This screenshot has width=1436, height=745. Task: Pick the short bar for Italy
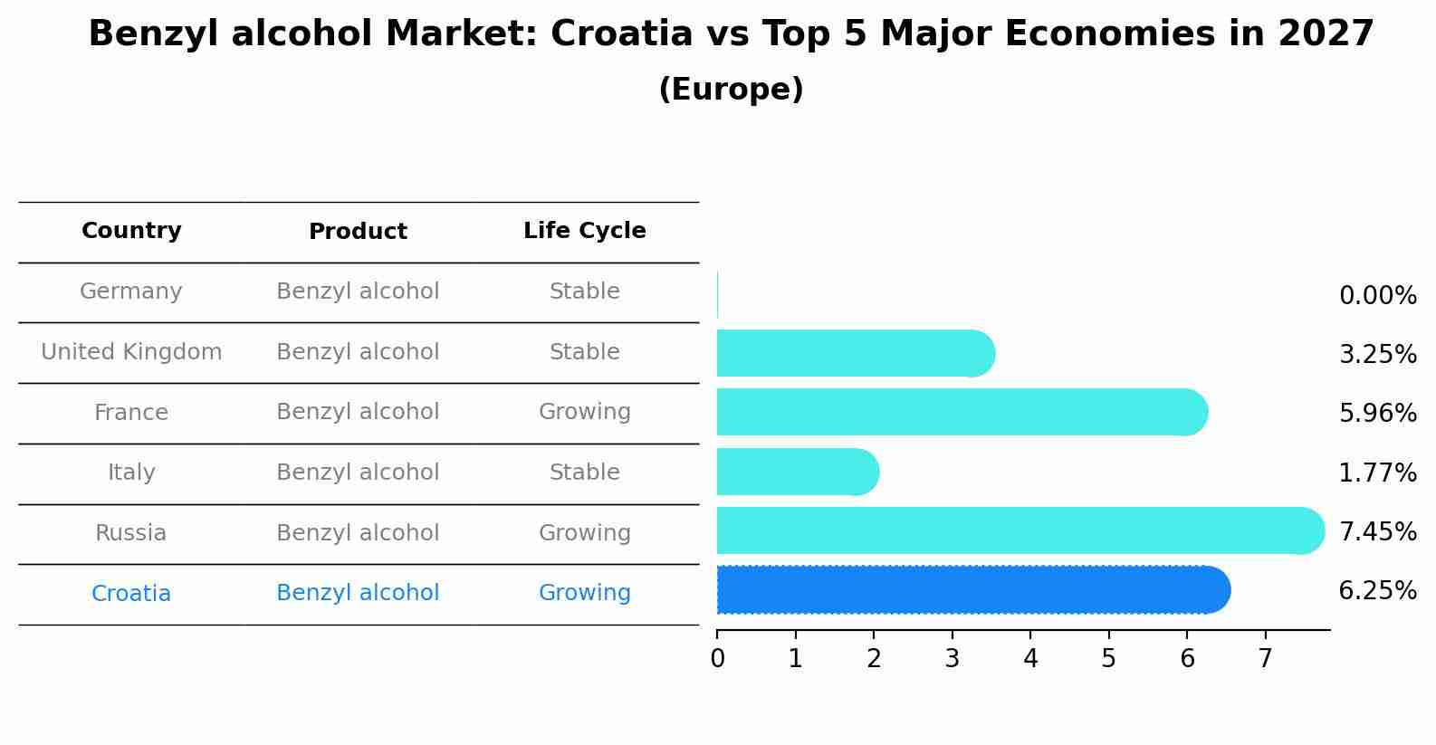click(798, 472)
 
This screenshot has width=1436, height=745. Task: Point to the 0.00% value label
click(1377, 296)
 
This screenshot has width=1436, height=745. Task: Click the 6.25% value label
click(1377, 591)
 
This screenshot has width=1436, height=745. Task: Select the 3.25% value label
click(1377, 355)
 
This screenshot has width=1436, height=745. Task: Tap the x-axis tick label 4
click(1030, 659)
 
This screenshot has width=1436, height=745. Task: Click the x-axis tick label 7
click(1265, 659)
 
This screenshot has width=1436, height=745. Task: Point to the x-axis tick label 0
click(718, 659)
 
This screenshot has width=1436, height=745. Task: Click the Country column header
click(131, 231)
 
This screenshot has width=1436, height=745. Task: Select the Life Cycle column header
click(584, 231)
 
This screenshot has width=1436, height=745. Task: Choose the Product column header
click(358, 232)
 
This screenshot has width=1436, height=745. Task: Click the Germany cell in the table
click(131, 291)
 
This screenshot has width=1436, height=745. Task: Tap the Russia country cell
click(131, 533)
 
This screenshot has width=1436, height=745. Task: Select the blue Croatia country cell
click(131, 594)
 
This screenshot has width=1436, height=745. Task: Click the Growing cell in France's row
click(584, 412)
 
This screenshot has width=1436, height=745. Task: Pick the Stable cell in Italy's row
click(584, 473)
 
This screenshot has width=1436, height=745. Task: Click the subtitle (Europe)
click(731, 90)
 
